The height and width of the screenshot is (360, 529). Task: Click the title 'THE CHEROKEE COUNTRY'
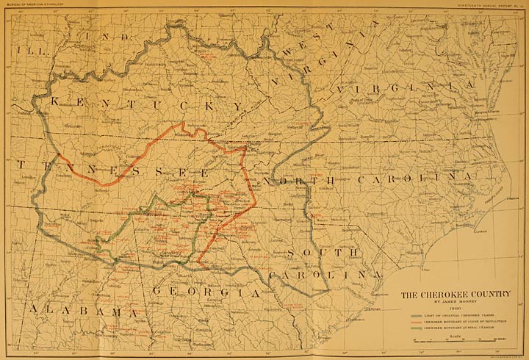click(455, 295)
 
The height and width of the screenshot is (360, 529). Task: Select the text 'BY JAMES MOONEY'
click(455, 303)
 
